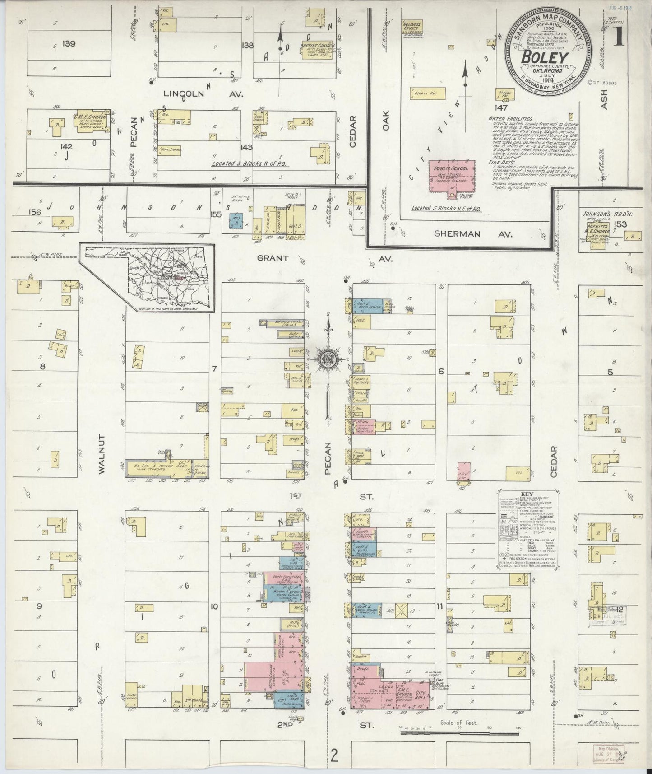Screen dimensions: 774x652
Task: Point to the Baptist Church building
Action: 317,49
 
